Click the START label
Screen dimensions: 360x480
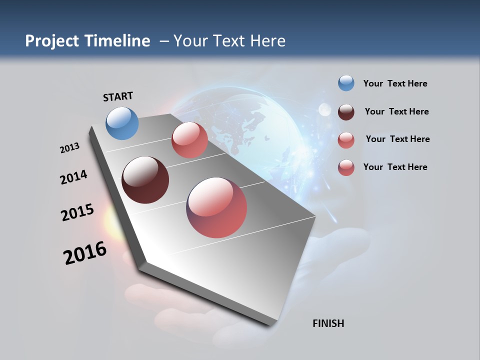(118, 96)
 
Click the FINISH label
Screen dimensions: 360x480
(328, 323)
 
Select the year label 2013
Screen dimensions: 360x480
(69, 148)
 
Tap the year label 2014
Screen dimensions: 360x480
(73, 177)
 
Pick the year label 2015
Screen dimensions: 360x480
(77, 212)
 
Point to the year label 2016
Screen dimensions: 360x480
(85, 253)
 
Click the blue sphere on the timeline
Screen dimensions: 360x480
(122, 123)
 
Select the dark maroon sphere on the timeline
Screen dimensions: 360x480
(145, 180)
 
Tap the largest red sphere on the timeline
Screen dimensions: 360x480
(216, 207)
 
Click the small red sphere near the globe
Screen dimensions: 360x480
(189, 140)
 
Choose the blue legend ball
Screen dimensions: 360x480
(346, 83)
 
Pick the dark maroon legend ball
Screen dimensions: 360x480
(346, 111)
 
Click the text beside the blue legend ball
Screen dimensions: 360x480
(395, 83)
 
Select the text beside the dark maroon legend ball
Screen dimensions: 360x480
(396, 111)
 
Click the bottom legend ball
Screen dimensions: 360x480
(346, 167)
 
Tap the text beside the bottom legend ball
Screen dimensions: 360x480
(395, 167)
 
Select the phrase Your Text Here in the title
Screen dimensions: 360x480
(229, 41)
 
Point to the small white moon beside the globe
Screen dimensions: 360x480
(325, 109)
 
